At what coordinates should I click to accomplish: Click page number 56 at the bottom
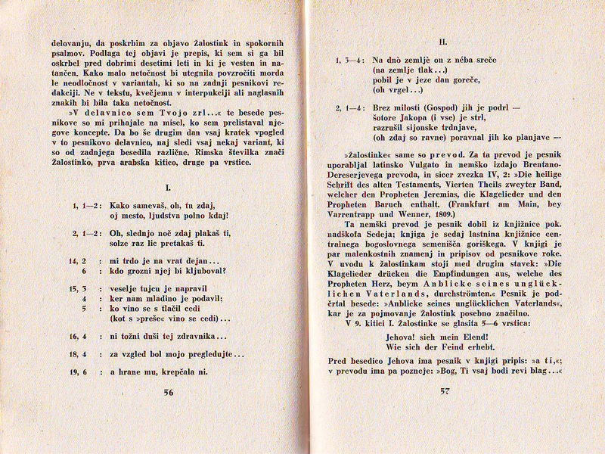168,392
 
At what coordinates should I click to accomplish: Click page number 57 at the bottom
444,392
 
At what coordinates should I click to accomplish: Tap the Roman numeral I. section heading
169,186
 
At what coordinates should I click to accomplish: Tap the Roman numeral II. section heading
444,43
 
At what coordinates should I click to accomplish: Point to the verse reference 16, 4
81,335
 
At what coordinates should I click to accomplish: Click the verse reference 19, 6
81,372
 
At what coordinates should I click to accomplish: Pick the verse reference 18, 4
81,353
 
